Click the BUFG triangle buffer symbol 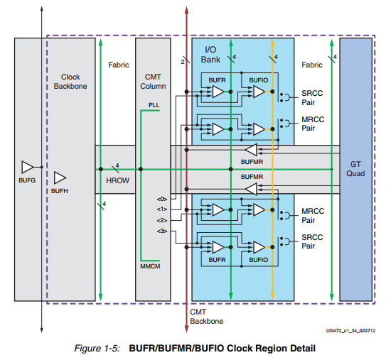[27, 167]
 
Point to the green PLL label [154, 104]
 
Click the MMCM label [152, 265]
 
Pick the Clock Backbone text [70, 81]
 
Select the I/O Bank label [210, 54]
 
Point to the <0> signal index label [162, 199]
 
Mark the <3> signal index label [162, 231]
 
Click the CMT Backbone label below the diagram [206, 317]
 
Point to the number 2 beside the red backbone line [182, 62]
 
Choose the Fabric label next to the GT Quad [311, 65]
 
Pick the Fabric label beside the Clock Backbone [118, 65]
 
